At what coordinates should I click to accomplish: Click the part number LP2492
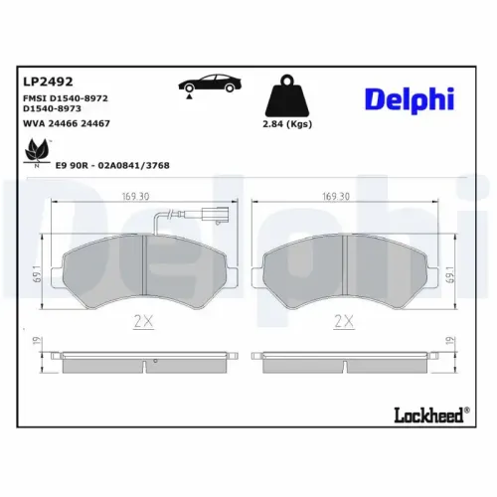pyautogui.click(x=42, y=83)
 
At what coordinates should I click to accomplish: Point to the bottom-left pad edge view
pyautogui.click(x=144, y=360)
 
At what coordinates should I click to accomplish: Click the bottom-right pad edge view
pyautogui.click(x=345, y=360)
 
